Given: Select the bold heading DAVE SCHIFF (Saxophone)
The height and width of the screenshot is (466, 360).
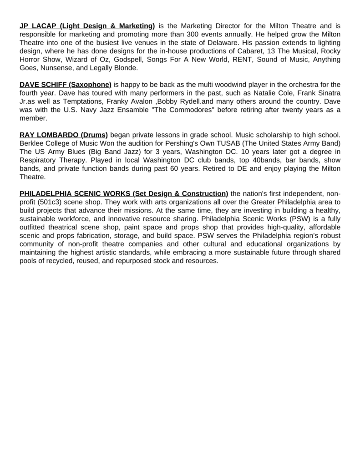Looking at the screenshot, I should click(66, 85).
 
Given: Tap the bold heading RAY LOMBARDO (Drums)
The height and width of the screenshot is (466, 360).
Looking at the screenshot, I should click(64, 135).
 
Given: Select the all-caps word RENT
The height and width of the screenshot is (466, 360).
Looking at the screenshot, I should click(233, 59).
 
